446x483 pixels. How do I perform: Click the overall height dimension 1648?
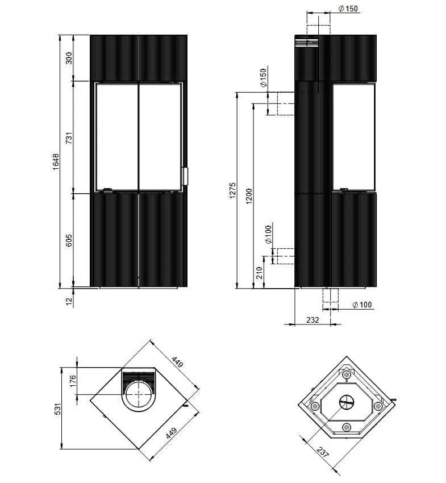tap(56, 162)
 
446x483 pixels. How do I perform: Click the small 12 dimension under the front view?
tap(69, 301)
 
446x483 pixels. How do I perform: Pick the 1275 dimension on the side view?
tap(232, 190)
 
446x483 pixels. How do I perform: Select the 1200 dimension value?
tap(249, 196)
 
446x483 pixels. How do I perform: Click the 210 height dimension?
tap(259, 273)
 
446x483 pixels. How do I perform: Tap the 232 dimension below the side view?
tap(312, 320)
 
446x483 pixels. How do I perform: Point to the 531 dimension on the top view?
tap(58, 409)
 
